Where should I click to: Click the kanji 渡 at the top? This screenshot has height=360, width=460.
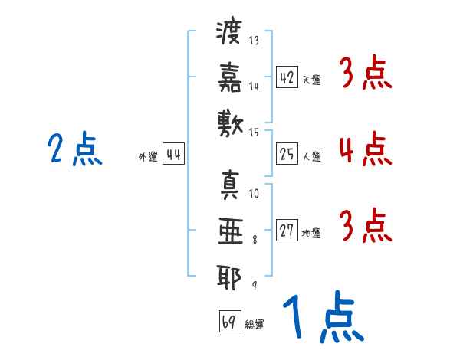229,31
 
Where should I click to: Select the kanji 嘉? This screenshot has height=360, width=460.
230,77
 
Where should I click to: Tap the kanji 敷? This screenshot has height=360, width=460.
230,124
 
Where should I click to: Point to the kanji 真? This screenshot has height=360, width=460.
230,185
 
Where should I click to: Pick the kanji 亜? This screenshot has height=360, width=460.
231,231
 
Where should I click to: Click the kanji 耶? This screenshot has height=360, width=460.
229,277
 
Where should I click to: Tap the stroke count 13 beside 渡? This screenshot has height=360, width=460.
254,40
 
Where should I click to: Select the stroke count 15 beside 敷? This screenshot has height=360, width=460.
254,133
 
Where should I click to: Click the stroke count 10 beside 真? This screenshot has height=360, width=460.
254,194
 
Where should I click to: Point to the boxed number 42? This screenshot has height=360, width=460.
287,77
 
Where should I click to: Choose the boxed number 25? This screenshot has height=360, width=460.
287,154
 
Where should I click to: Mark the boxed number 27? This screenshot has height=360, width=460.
287,230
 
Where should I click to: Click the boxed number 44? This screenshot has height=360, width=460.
174,154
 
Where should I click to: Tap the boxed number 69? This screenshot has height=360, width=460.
230,321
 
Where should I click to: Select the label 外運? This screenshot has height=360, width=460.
148,157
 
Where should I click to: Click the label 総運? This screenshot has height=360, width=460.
255,325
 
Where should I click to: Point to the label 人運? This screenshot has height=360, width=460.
312,156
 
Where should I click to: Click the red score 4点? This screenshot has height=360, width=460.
366,149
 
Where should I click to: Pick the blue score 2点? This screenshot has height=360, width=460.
75,149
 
